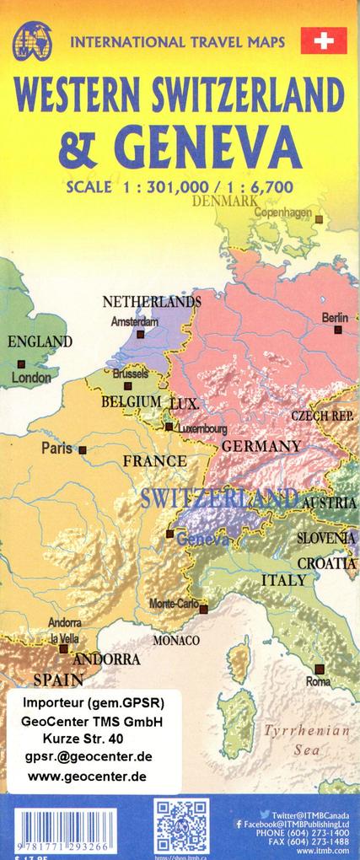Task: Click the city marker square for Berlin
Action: (338, 331)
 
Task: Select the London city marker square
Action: (21, 363)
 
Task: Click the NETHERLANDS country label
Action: (152, 301)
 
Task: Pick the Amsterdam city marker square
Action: (140, 334)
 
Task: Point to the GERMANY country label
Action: (261, 445)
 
